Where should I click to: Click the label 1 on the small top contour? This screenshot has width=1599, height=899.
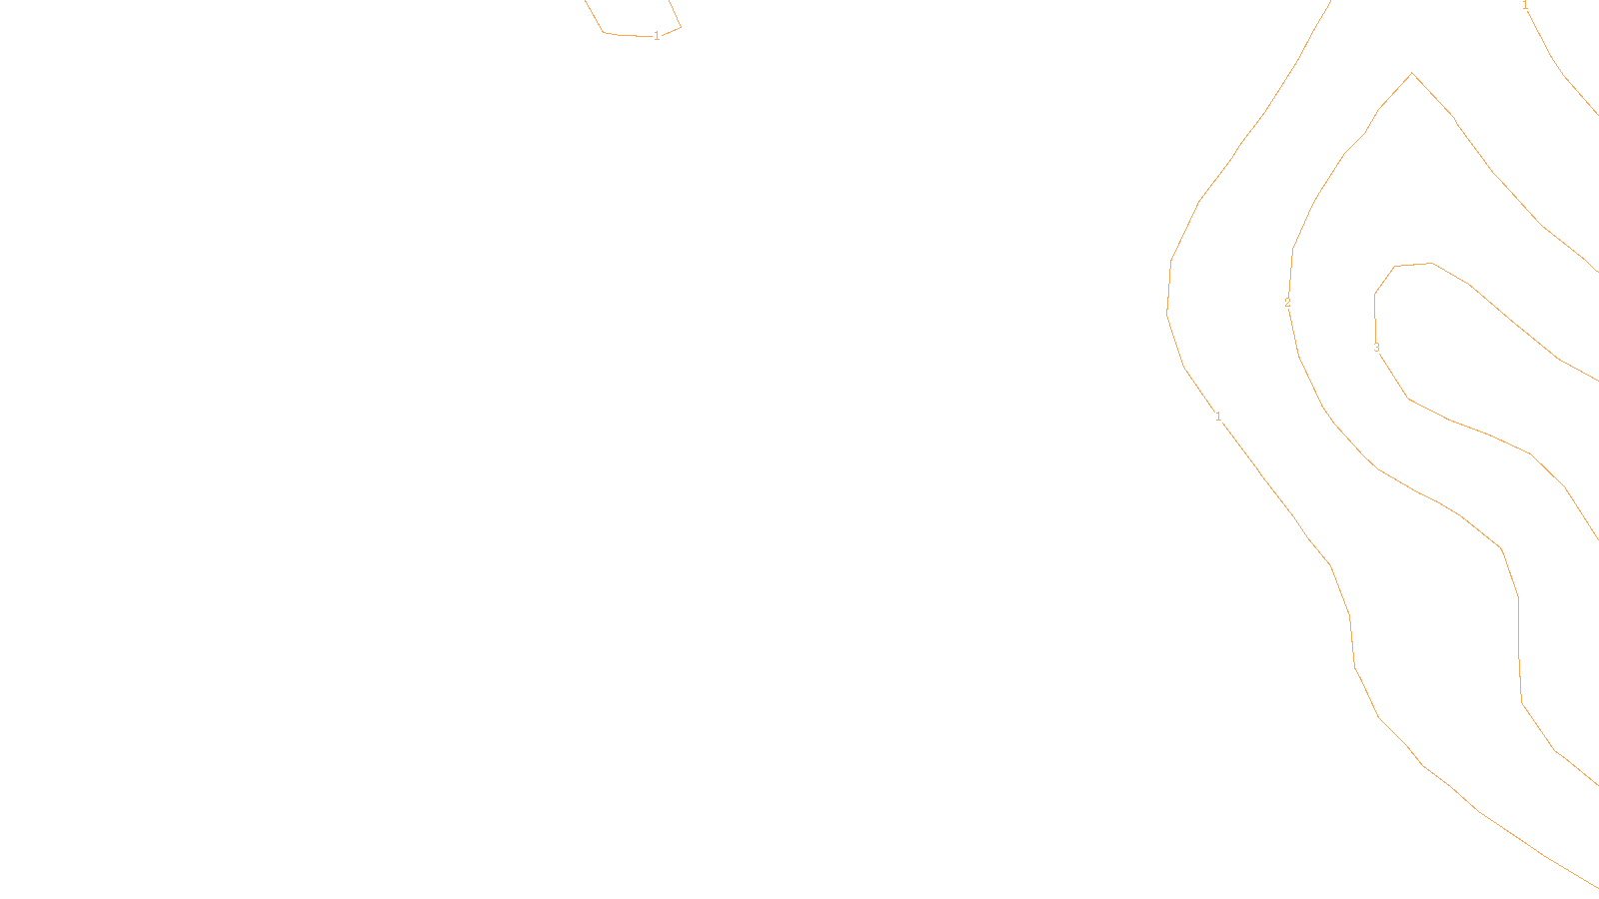pos(657,36)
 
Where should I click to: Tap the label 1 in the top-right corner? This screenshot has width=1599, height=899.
pos(1525,6)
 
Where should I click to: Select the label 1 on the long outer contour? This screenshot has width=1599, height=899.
pos(1218,416)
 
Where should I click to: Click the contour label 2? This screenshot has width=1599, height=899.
pos(1287,303)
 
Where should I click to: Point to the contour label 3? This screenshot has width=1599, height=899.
pos(1376,348)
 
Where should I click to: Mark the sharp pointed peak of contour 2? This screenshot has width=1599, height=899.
pos(1412,73)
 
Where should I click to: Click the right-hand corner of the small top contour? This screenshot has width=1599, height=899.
pos(681,27)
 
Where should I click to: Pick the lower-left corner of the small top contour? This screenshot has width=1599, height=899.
pos(604,33)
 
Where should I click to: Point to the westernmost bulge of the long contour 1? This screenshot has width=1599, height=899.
pos(1167,312)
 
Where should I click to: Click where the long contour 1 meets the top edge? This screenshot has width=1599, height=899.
pos(1331,1)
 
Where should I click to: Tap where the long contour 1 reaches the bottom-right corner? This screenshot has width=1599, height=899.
pos(1597,887)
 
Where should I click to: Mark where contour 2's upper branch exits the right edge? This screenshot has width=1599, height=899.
pos(1597,272)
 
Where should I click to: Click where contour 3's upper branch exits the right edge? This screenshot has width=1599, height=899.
pos(1597,381)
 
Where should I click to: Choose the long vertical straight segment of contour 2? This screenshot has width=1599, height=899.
pos(1519,649)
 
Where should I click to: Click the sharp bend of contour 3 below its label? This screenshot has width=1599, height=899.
pos(1409,399)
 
